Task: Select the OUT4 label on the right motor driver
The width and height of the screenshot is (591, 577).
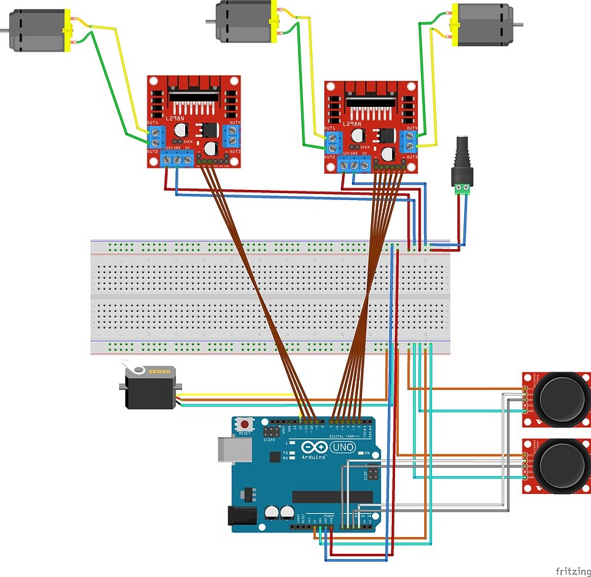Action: [412, 127]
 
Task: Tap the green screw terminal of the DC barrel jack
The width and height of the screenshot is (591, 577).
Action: [463, 187]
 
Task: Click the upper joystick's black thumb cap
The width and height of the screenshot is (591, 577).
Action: [563, 399]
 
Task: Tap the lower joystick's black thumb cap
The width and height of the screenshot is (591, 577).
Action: [563, 465]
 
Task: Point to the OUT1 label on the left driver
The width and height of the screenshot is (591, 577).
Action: [152, 123]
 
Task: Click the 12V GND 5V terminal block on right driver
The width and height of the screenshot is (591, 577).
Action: [354, 164]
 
